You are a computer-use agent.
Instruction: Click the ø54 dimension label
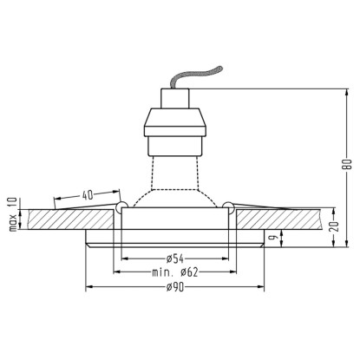[175, 259]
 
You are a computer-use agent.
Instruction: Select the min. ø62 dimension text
[175, 272]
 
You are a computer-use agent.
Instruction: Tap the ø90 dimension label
[175, 287]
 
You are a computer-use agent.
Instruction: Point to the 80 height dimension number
[349, 164]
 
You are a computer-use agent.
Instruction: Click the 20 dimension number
[334, 226]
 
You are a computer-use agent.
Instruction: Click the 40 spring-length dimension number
[88, 195]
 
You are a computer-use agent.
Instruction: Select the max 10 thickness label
[14, 214]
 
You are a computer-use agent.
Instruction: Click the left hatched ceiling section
[71, 219]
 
